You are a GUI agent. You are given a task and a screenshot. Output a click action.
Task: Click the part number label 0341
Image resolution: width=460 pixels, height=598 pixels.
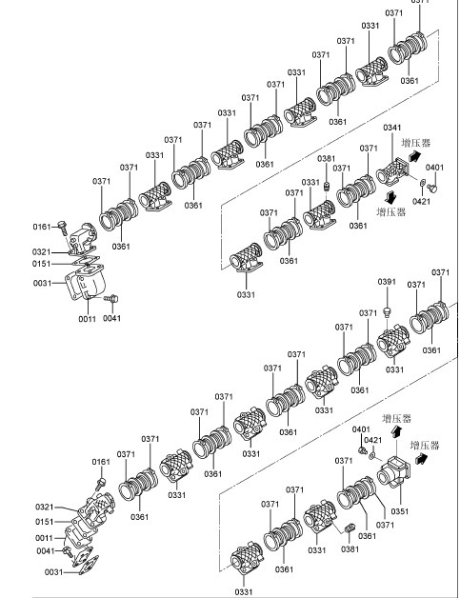coord(392,128)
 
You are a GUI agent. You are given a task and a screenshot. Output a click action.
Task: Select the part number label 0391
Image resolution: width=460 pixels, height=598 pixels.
coord(387,282)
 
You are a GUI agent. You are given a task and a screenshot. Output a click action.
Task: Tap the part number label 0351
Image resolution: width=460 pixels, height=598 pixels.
coord(400,511)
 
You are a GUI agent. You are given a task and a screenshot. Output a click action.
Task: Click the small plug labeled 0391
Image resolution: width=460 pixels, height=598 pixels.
coord(387,312)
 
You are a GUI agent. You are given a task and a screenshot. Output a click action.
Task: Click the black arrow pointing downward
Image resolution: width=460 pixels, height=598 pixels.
coord(391,197)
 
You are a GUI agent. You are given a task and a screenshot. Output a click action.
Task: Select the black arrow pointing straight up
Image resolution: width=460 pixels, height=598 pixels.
coord(397,431)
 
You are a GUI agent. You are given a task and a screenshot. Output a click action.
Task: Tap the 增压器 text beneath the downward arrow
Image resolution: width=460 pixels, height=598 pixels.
coord(391,212)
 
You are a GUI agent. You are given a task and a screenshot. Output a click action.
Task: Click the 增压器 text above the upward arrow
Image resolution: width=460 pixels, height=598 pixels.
coord(397,418)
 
